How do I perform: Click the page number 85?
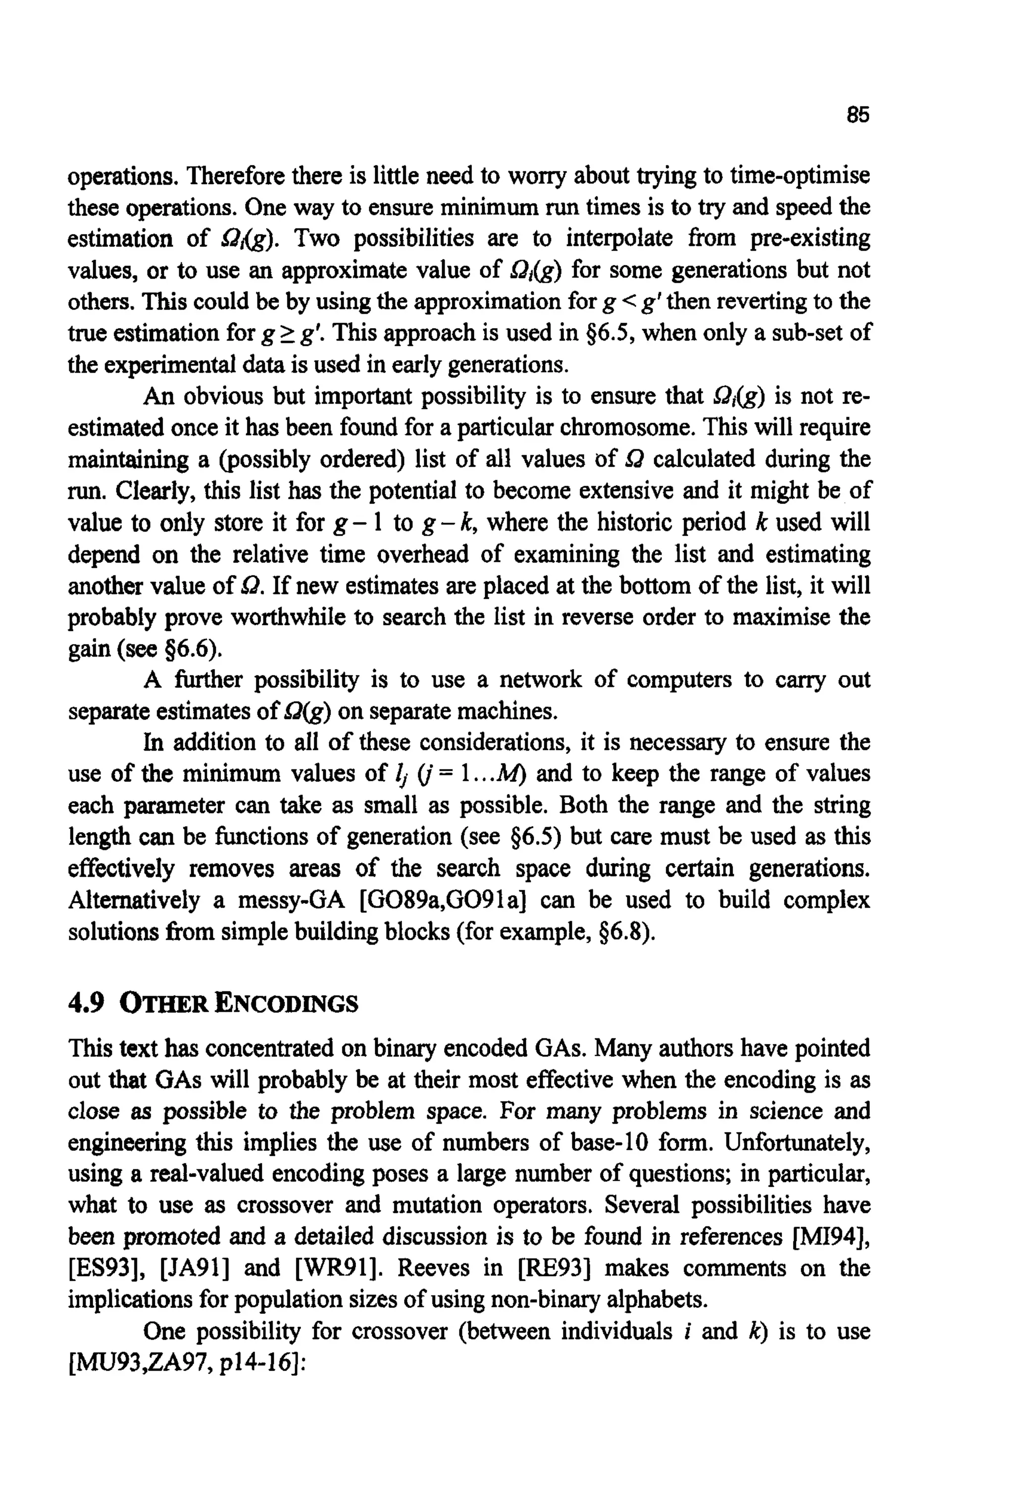[x=857, y=115]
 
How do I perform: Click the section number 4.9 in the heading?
[x=86, y=1004]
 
